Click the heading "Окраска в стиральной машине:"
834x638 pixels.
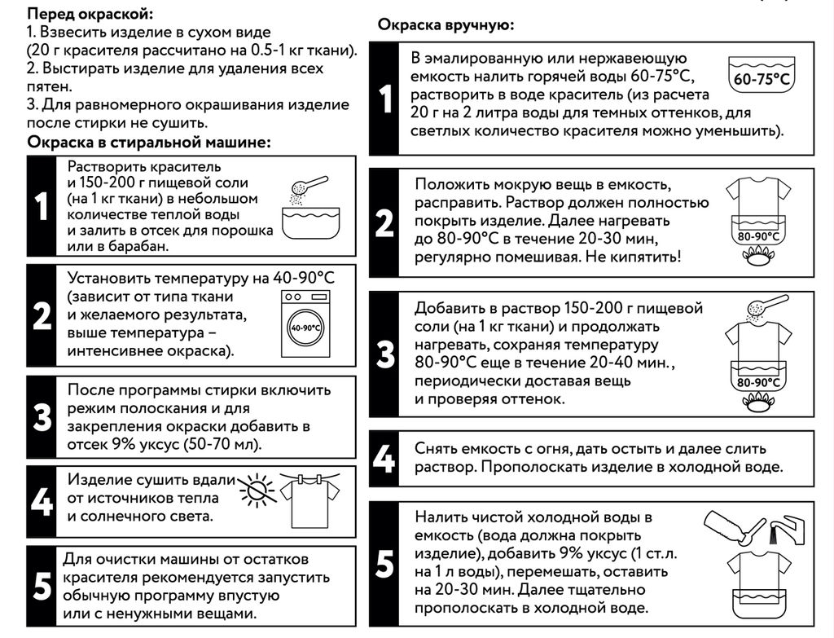[x=149, y=143]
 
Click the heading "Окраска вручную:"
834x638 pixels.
[x=446, y=25]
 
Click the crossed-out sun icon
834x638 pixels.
[x=259, y=491]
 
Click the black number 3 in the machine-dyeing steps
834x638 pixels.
[x=42, y=417]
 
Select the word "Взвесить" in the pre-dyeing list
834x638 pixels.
[x=76, y=33]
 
